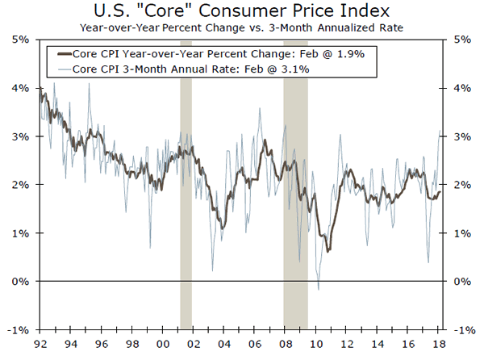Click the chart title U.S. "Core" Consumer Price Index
[x=241, y=12]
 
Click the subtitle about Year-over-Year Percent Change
[x=241, y=28]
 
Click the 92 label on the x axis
[x=39, y=342]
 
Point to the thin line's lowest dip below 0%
[x=318, y=289]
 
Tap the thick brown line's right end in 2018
[x=440, y=190]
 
